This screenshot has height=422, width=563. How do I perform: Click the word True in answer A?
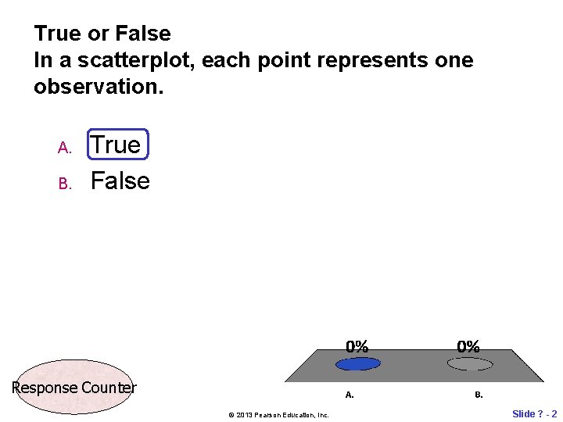[x=116, y=145]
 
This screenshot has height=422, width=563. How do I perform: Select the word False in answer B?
[x=120, y=181]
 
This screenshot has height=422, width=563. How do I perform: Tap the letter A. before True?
[x=65, y=148]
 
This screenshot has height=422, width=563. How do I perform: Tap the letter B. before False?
[x=65, y=184]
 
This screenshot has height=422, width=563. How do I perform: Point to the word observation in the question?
[x=98, y=87]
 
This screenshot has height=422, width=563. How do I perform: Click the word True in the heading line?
[x=56, y=34]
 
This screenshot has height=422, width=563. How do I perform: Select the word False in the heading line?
[x=142, y=34]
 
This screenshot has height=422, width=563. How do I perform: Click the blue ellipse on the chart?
[x=357, y=363]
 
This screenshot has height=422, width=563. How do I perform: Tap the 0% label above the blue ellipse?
[x=357, y=346]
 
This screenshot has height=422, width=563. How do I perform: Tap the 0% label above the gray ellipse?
[x=468, y=346]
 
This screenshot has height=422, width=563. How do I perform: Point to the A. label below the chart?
[x=350, y=395]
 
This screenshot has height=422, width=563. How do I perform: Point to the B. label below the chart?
[x=479, y=395]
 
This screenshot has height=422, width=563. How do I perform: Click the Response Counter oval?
[x=74, y=387]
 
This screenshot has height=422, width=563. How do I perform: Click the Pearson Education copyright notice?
[x=278, y=414]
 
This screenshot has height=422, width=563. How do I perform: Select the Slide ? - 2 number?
[x=534, y=413]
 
